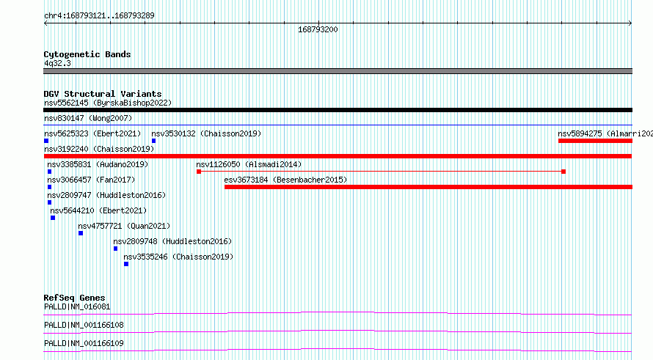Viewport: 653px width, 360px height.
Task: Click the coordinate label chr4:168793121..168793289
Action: pyautogui.click(x=99, y=16)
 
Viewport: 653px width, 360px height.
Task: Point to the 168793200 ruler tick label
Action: pyautogui.click(x=318, y=29)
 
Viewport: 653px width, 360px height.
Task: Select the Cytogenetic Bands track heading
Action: pyautogui.click(x=87, y=54)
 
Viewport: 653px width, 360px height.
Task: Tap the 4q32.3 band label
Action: pyautogui.click(x=57, y=64)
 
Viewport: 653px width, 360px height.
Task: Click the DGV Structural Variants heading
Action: pyautogui.click(x=103, y=94)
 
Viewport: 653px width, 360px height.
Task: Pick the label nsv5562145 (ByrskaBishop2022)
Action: pyautogui.click(x=108, y=103)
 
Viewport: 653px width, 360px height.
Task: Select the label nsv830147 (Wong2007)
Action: pyautogui.click(x=88, y=119)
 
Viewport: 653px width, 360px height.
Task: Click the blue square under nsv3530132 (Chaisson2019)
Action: pyautogui.click(x=153, y=141)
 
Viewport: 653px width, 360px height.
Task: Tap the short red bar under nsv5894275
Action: pyautogui.click(x=595, y=141)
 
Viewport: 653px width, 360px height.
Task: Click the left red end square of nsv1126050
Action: pyautogui.click(x=199, y=172)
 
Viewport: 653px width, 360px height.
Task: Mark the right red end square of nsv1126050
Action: pyautogui.click(x=563, y=172)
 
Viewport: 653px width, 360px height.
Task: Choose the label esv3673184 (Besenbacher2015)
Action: pyautogui.click(x=285, y=180)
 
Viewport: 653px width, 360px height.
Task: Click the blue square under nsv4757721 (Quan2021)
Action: pyautogui.click(x=81, y=233)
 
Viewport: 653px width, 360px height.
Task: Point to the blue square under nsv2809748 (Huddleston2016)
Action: pyautogui.click(x=115, y=249)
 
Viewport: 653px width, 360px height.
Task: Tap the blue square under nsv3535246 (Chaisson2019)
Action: pyautogui.click(x=126, y=264)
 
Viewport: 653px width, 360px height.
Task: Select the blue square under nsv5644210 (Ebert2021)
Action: pyautogui.click(x=53, y=218)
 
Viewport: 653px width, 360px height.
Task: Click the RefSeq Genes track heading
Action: pyautogui.click(x=75, y=298)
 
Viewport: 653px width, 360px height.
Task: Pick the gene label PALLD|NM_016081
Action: pyautogui.click(x=77, y=307)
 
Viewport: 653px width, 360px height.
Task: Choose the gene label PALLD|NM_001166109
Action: pyautogui.click(x=84, y=344)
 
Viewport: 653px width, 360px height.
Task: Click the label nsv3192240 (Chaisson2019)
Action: pyautogui.click(x=99, y=150)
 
